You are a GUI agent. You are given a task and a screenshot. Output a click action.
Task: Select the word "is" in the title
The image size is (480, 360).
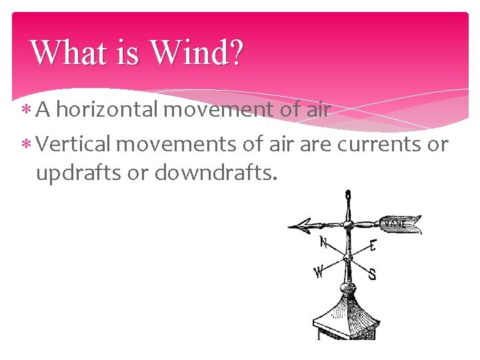click(x=127, y=53)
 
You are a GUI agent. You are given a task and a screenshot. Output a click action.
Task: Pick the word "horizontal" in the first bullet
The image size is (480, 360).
click(x=107, y=109)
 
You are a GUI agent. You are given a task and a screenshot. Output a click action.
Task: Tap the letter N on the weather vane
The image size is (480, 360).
click(x=323, y=243)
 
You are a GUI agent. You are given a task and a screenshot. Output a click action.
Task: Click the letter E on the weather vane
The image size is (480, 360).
click(x=372, y=246)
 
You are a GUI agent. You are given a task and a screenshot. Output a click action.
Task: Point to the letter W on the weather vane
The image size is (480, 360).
click(x=319, y=271)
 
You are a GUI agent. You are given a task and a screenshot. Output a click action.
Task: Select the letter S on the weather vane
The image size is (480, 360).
click(x=372, y=273)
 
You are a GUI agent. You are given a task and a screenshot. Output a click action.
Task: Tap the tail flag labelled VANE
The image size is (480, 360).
click(x=400, y=225)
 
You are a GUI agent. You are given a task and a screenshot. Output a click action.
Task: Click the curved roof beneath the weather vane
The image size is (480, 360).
click(x=347, y=313)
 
